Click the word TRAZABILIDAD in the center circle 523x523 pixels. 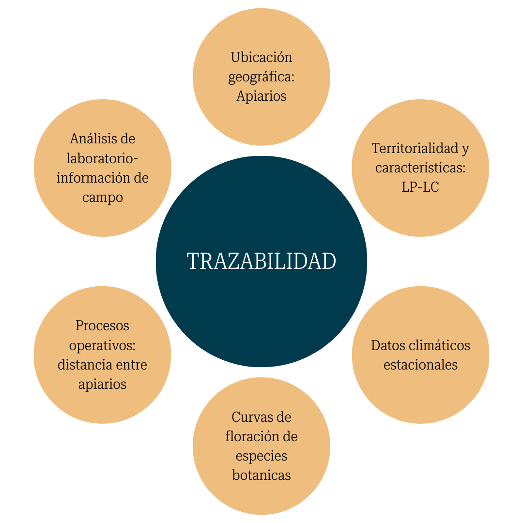[261, 261]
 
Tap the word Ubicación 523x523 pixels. [261, 58]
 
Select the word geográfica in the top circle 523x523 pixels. [259, 77]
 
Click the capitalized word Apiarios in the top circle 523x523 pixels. [261, 96]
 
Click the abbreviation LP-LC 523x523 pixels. [420, 187]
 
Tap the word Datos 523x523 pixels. [385, 345]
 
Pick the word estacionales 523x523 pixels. [420, 365]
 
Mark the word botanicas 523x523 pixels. [261, 475]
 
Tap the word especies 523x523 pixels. [261, 456]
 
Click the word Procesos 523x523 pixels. [102, 325]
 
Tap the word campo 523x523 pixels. [102, 198]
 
